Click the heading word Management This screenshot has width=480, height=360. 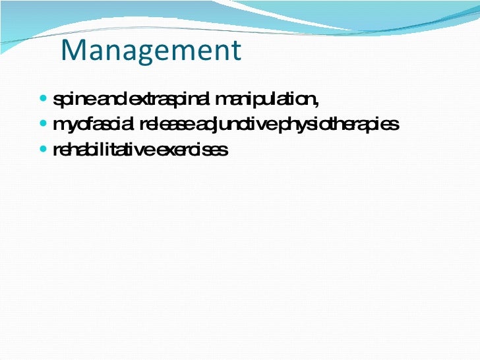pos(151,51)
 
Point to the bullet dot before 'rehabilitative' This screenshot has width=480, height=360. pos(44,150)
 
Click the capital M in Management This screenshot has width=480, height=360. pos(72,51)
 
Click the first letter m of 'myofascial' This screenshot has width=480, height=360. pos(58,125)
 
